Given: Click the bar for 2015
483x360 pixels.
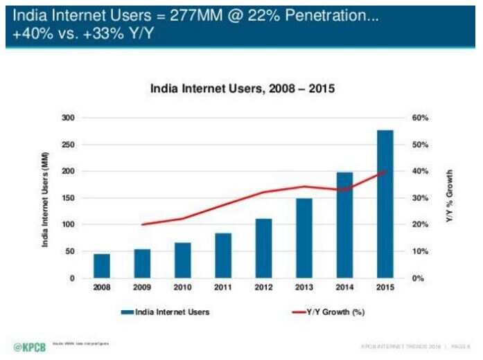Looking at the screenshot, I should click(x=385, y=204).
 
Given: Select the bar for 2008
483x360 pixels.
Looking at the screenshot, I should click(x=101, y=266).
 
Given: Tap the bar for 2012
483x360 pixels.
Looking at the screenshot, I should click(x=263, y=249).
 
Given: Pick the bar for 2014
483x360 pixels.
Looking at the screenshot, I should click(x=344, y=225).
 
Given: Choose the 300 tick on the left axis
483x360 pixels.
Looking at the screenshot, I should click(x=67, y=118).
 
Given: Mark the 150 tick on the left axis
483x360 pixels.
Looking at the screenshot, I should click(x=67, y=198).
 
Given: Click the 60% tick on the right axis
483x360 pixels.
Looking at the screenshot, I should click(x=422, y=118).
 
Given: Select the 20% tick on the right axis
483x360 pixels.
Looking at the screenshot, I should click(x=422, y=225).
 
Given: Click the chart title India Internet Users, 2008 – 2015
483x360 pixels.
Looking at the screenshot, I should click(x=243, y=90).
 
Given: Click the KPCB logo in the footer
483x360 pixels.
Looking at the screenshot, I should click(x=29, y=346).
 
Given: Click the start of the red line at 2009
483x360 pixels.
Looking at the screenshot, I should click(x=142, y=224).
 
